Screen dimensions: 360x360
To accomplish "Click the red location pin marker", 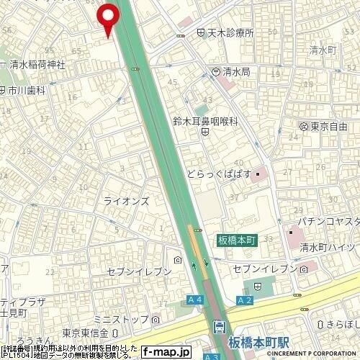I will [108, 18].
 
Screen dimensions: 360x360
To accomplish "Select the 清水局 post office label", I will [235, 71].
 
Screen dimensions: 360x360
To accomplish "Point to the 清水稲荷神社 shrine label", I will [38, 64].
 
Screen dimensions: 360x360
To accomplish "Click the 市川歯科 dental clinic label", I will [27, 90].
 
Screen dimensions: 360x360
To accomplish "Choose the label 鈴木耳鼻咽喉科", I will [205, 123].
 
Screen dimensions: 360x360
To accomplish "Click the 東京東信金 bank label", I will [85, 332].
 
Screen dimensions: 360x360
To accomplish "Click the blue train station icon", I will [218, 328].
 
